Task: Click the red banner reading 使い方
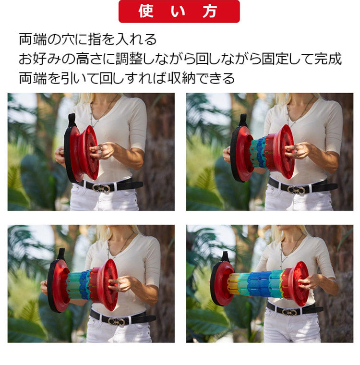179,12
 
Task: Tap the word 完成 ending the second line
329,59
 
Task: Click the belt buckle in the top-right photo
296,190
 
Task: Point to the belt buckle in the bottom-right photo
288,312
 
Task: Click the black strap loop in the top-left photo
72,120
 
